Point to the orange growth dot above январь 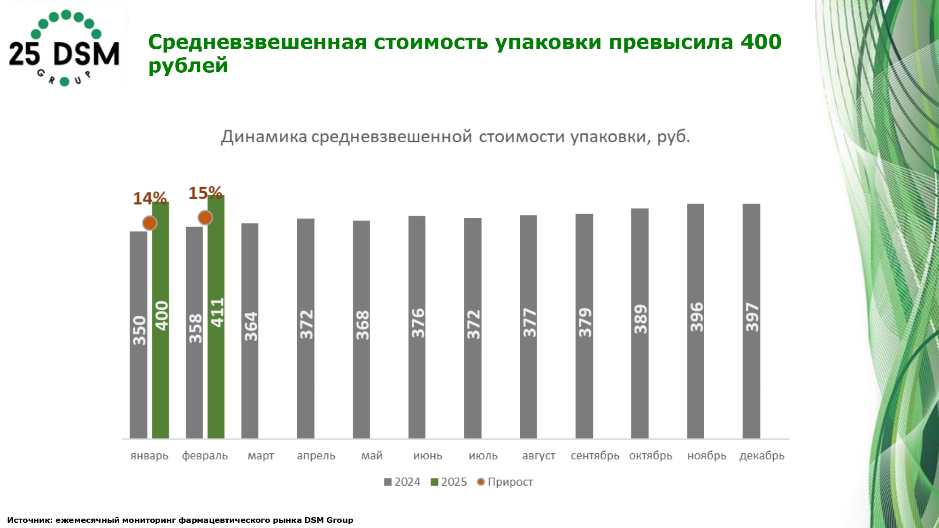click(150, 223)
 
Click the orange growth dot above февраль click(205, 218)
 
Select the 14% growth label click(150, 199)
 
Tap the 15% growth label click(205, 193)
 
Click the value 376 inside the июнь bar click(417, 323)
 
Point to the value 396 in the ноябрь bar click(696, 317)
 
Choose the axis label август click(539, 456)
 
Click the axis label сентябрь click(595, 456)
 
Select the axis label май click(372, 456)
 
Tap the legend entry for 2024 click(402, 482)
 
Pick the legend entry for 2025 click(449, 482)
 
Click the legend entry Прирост click(505, 482)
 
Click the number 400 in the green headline click(761, 42)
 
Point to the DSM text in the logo click(86, 54)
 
